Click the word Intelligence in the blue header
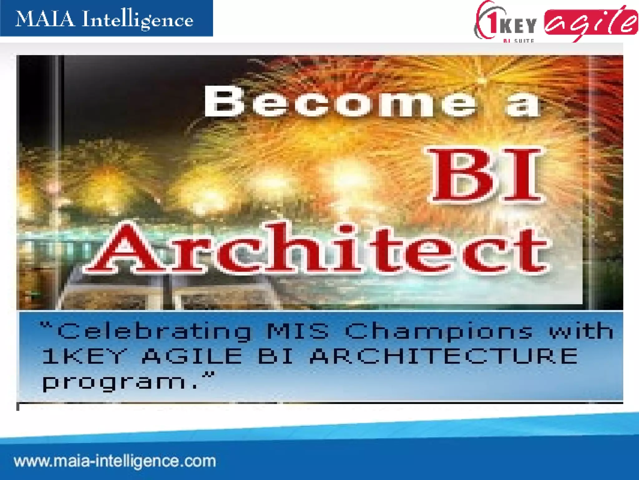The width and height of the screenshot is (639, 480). pos(137,20)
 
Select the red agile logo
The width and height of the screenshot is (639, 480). pos(590,23)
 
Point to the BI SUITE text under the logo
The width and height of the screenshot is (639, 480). pos(519,41)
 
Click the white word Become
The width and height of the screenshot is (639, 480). pos(340,101)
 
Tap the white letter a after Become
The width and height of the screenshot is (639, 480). pos(523,103)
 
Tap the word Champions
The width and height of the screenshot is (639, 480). pos(439,331)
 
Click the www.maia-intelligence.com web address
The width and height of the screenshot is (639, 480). pos(115,461)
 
